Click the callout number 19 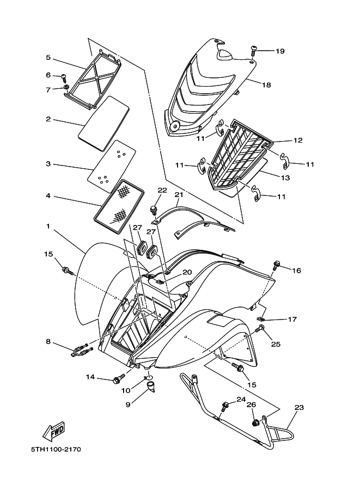click(x=279, y=51)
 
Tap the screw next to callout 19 click(x=254, y=50)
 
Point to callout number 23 click(x=298, y=407)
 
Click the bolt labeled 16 click(x=277, y=266)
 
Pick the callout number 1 click(x=50, y=225)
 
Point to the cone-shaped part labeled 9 click(x=151, y=389)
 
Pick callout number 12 click(x=297, y=140)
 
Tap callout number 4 click(x=48, y=196)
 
